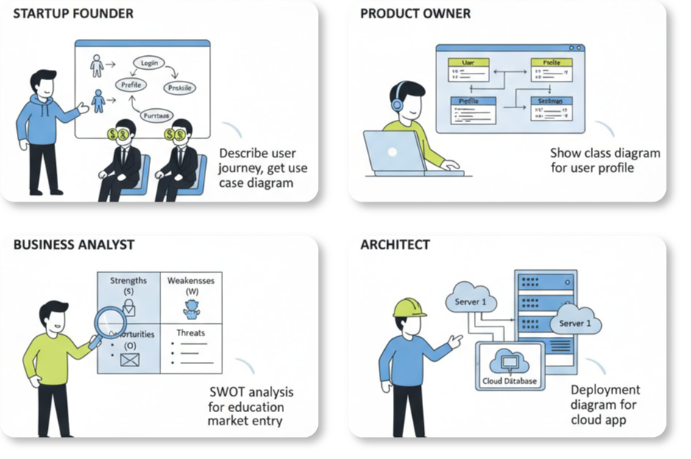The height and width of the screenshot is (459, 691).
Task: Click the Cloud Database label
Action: [x=509, y=381]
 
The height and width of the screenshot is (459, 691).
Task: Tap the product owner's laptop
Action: [x=397, y=152]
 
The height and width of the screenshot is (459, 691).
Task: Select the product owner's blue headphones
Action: [x=398, y=103]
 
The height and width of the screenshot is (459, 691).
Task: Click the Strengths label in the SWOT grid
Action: [x=128, y=280]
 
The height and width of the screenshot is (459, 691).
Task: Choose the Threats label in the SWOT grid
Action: [x=190, y=333]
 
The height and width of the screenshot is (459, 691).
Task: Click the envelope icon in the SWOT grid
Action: [x=130, y=360]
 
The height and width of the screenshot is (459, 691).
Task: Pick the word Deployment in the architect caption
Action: [x=605, y=390]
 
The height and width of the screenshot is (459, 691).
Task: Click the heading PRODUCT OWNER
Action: [x=415, y=14]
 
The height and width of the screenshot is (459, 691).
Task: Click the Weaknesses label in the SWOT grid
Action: [x=191, y=281]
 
